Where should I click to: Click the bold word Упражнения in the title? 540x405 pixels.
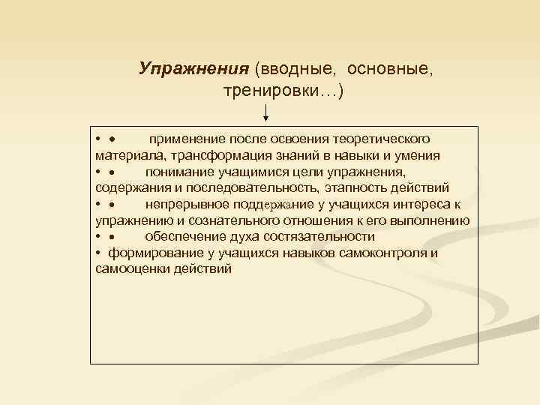click(x=193, y=69)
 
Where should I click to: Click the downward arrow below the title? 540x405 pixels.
click(x=267, y=112)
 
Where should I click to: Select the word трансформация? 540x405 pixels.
click(x=217, y=156)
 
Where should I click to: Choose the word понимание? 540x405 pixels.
click(x=179, y=172)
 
